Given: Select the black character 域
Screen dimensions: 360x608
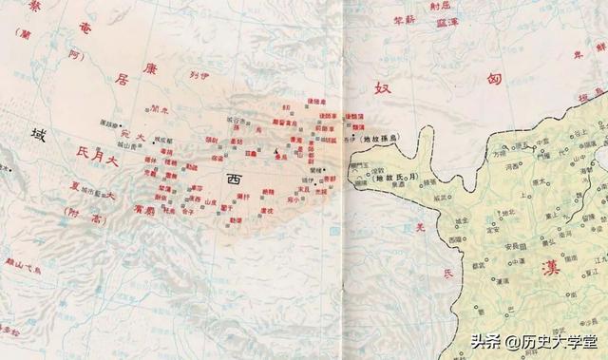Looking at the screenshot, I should point(38,135).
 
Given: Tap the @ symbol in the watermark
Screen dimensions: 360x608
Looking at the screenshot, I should point(511,339).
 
